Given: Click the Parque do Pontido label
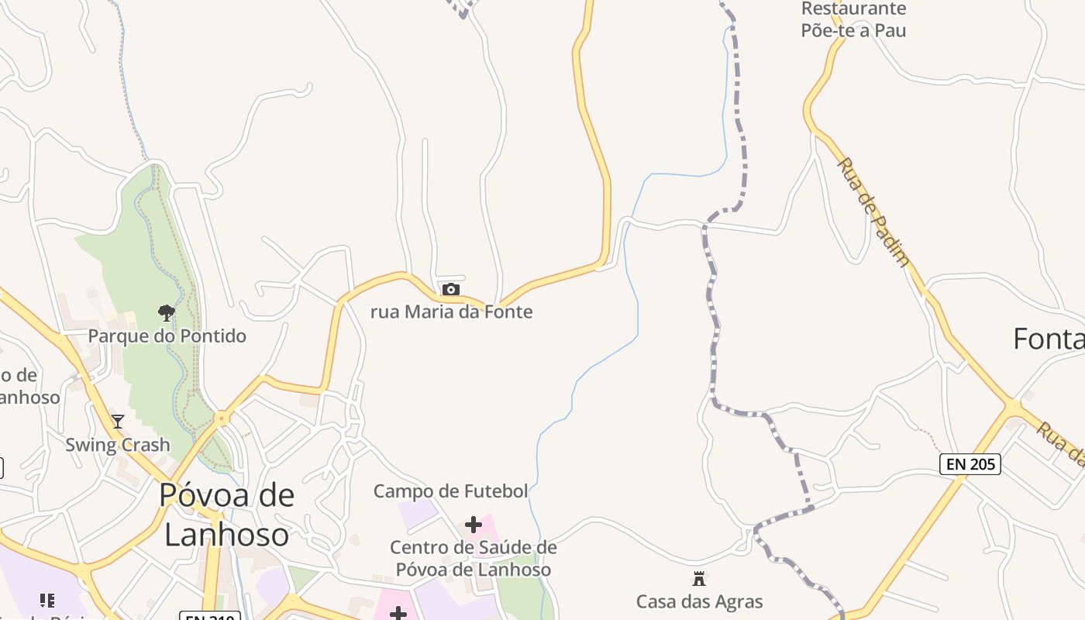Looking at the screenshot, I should point(167,336).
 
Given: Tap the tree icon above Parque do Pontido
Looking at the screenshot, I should point(166,313).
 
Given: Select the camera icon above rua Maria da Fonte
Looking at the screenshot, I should point(450,290).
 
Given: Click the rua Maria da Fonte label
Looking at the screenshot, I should point(452,312).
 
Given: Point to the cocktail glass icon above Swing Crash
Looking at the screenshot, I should point(118,422).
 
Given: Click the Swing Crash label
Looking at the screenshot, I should point(117,445).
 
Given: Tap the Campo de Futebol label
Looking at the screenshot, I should point(450,491).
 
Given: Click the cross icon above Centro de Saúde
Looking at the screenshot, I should point(473,525).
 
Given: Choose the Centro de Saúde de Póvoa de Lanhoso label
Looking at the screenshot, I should point(473,559).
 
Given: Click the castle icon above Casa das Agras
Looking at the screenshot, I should point(699,578).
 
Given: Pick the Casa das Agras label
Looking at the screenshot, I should point(699,601).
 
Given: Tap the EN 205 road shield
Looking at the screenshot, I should point(970,464).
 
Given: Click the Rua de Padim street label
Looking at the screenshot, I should point(873,212).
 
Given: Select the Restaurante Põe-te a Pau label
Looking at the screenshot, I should point(853,20).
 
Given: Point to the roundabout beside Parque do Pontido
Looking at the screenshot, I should point(222,418).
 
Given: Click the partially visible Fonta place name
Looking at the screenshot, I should point(1049,339).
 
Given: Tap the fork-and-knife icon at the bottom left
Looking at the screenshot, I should point(47,601).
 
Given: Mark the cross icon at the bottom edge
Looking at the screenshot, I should point(398,614).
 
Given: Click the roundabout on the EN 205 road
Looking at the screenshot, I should point(1013,405).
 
